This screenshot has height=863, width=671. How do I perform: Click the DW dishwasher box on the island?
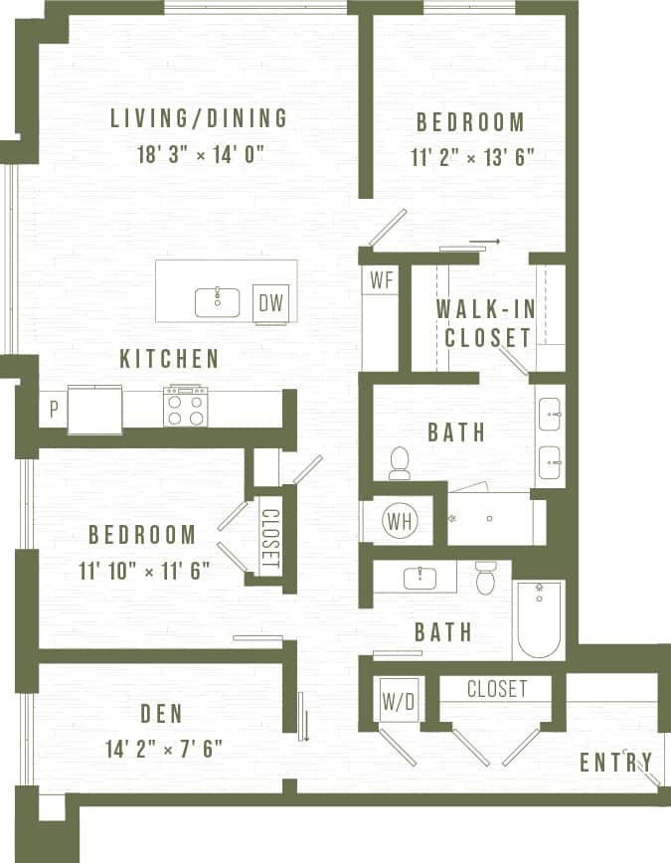click(x=270, y=303)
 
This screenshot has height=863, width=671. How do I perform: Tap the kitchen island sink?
click(x=216, y=301)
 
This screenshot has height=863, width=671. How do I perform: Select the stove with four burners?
click(x=186, y=406)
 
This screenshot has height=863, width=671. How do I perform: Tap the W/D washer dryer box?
click(x=398, y=702)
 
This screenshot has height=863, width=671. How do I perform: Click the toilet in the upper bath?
click(x=400, y=463)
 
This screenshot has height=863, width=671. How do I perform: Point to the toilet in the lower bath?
click(x=485, y=578)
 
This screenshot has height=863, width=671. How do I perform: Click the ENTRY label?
click(x=616, y=763)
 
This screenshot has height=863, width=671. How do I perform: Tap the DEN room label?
click(x=161, y=714)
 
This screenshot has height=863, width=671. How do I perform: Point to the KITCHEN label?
click(x=169, y=359)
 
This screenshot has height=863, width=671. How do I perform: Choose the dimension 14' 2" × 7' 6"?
click(x=161, y=748)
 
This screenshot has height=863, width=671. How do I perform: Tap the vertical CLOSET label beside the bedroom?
click(x=269, y=540)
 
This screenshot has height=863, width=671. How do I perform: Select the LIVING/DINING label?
click(x=199, y=119)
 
